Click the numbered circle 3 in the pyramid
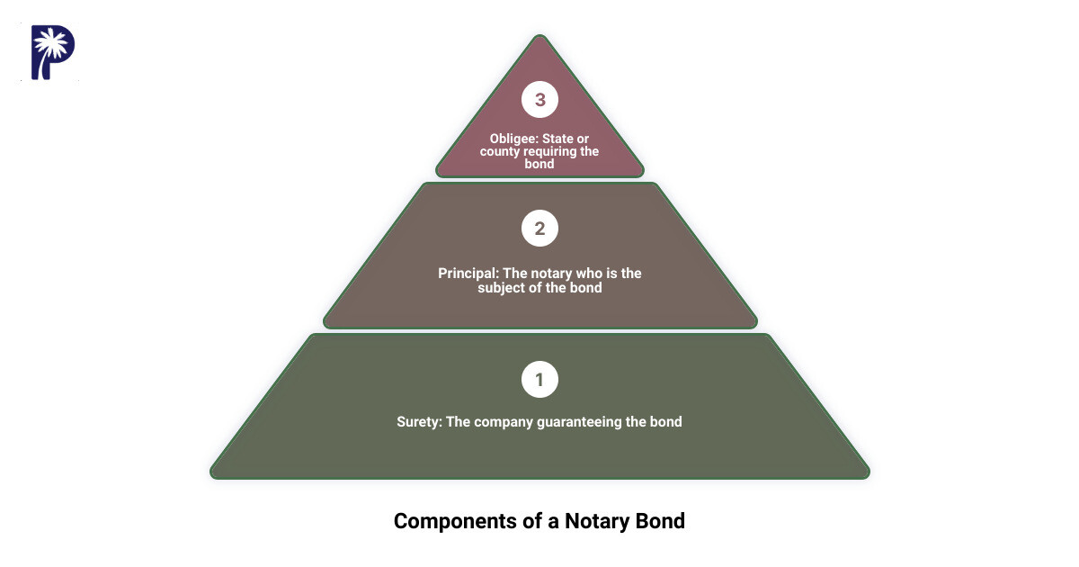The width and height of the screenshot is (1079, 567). [x=539, y=100]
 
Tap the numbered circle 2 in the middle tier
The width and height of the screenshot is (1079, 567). [x=539, y=229]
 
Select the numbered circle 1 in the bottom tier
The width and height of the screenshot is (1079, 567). [x=539, y=380]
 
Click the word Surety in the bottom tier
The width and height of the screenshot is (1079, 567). [x=418, y=421]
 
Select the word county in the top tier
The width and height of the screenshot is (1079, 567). [x=499, y=151]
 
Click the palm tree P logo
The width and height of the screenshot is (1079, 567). [x=53, y=53]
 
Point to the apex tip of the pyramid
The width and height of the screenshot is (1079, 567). [x=539, y=37]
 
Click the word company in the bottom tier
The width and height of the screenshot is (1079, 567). [x=504, y=421]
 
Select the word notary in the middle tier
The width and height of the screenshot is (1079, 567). [x=548, y=273]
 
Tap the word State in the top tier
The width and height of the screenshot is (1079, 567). [x=568, y=139]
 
